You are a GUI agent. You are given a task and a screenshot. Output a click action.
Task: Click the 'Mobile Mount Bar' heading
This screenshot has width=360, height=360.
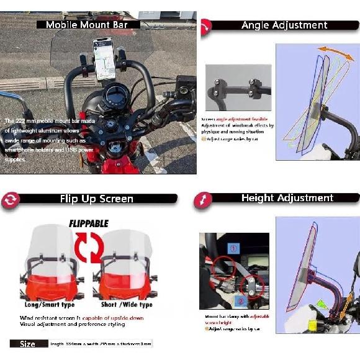pyautogui.click(x=87, y=25)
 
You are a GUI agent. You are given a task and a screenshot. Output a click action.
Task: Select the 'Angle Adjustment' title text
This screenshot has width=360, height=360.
pyautogui.click(x=284, y=25)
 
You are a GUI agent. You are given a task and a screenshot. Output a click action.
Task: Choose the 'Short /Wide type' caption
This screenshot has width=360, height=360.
pyautogui.click(x=127, y=305)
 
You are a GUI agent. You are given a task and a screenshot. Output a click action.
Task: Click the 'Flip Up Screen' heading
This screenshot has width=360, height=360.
pyautogui.click(x=96, y=199)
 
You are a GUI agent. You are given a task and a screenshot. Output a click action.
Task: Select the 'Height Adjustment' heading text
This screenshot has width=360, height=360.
pyautogui.click(x=287, y=198)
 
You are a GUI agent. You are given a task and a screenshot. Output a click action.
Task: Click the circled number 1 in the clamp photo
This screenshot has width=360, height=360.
pyautogui.click(x=233, y=248)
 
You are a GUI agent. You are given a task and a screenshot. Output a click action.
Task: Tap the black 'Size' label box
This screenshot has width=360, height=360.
pyautogui.click(x=29, y=343)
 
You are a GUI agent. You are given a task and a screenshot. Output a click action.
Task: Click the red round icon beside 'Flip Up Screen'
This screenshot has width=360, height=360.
pyautogui.click(x=11, y=199)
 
